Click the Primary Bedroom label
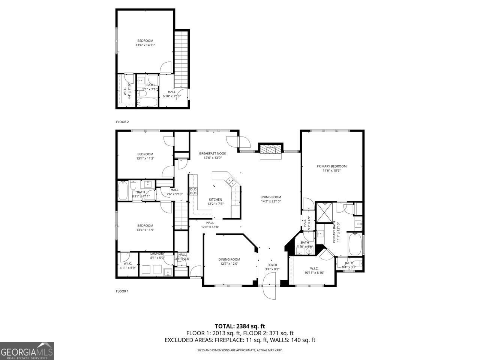coord(331,166)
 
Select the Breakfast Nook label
coord(213,153)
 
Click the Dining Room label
coord(229,259)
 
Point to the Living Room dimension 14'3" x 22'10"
coord(271,201)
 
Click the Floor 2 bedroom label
coord(145,40)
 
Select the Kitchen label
coord(215,199)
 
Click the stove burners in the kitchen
coord(193,191)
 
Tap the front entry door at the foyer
coord(270,286)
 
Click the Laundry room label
coord(157,253)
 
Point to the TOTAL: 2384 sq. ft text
coord(242,326)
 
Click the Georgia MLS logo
coord(27,351)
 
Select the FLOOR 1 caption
coord(122,291)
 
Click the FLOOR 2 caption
coord(122,122)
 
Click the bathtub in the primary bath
coord(355,244)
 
